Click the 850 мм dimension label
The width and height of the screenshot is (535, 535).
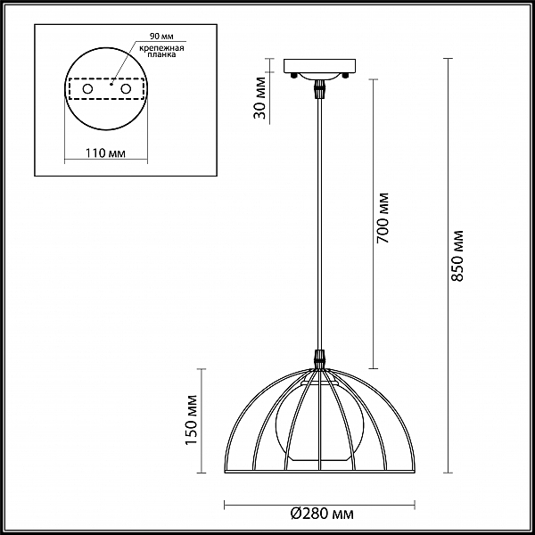tap(458, 256)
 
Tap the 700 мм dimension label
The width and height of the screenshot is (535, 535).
tap(383, 218)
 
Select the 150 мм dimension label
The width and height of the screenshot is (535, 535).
tap(192, 420)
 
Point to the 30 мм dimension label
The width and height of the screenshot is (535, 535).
tap(260, 98)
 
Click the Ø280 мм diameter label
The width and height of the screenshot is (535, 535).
tap(322, 514)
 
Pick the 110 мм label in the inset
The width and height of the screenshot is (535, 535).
tap(105, 153)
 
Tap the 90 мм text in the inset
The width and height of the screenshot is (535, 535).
tap(161, 37)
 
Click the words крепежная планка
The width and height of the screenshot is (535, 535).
tap(161, 51)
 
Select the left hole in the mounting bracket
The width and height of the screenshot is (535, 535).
tap(87, 89)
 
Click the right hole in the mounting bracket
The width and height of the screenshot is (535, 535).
tap(126, 89)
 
